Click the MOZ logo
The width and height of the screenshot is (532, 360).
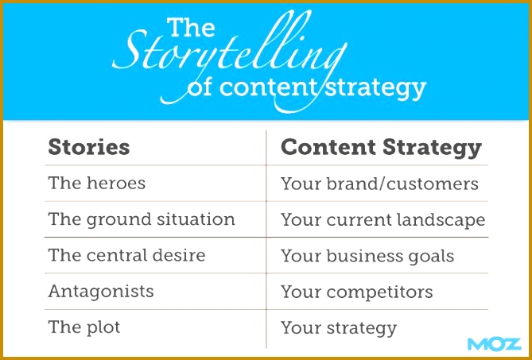[x=494, y=344]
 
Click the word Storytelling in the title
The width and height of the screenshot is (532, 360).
[x=229, y=51]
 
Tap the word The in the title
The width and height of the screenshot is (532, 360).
[x=191, y=27]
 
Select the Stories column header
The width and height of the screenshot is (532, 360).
[x=89, y=147]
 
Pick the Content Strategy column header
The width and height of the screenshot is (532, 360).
[x=382, y=149]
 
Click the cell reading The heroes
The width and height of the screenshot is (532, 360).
[x=97, y=183]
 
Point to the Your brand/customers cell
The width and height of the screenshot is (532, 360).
[x=379, y=184]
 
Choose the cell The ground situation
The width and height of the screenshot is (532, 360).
[x=142, y=219]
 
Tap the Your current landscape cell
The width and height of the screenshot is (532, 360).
[x=383, y=220]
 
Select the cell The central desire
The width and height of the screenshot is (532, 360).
[x=127, y=255]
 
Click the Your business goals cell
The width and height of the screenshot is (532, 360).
[x=367, y=256]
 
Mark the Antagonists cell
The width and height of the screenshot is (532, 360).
[x=101, y=292]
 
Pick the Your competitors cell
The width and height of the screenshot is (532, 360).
[x=357, y=292]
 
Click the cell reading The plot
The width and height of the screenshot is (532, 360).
[x=84, y=327]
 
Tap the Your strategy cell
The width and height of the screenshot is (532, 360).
[x=339, y=328]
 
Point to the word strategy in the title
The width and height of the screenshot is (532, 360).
[x=375, y=89]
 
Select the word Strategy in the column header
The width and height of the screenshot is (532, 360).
[x=433, y=149]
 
